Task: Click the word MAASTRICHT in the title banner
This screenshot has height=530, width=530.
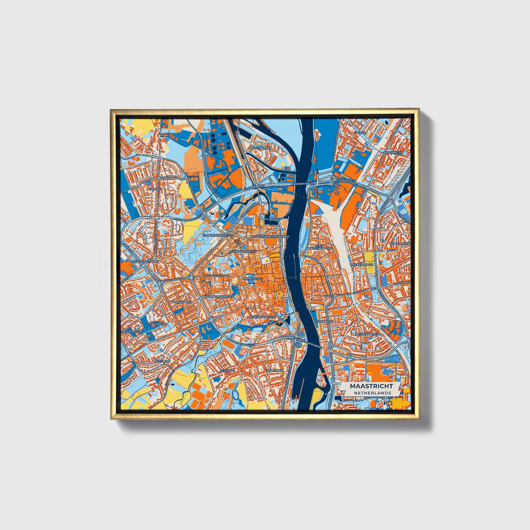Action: click(x=371, y=386)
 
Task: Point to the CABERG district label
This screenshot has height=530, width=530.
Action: click(x=155, y=189)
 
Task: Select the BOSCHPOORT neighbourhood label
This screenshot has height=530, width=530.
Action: click(x=259, y=148)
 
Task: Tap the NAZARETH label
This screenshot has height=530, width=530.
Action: click(x=392, y=152)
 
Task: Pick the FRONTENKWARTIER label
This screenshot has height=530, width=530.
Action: click(x=218, y=235)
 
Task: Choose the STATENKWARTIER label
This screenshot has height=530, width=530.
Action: click(x=242, y=252)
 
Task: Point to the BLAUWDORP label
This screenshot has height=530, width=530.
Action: click(x=181, y=302)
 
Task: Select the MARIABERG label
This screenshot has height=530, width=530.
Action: click(x=158, y=324)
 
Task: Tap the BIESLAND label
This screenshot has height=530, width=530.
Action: click(x=163, y=361)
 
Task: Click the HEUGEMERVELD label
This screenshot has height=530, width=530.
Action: click(x=368, y=334)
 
